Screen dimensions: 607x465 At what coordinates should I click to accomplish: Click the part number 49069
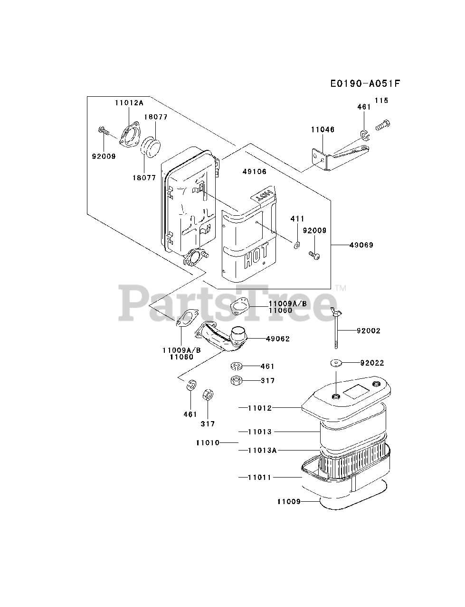pos(361,245)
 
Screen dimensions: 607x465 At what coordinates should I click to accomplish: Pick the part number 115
pos(381,101)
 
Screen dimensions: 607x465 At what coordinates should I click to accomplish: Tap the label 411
pos(297,219)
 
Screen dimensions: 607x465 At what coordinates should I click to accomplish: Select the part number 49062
pos(278,339)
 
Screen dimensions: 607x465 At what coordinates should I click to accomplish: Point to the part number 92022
pos(372,363)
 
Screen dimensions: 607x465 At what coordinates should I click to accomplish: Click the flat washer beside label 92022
pos(336,363)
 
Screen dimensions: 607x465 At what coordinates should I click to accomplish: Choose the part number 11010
pos(207,442)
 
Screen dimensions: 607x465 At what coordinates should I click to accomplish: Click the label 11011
pos(259,477)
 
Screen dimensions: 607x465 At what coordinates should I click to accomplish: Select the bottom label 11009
pos(289,501)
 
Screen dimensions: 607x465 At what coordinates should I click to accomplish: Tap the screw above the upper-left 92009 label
pos(103,130)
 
